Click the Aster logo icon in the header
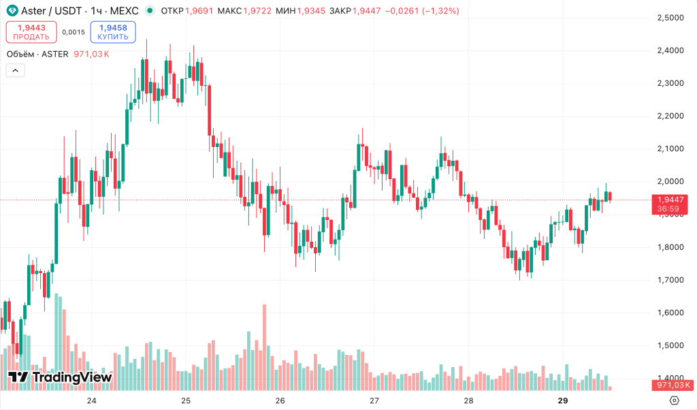(x=12, y=11)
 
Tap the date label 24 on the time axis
(x=92, y=400)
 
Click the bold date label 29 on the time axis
(x=562, y=400)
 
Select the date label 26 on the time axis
(x=280, y=400)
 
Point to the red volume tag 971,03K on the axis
(x=670, y=386)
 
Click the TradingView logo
(x=60, y=377)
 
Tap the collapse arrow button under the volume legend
(x=15, y=70)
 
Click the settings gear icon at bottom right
(x=675, y=400)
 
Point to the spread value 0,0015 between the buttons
(x=73, y=32)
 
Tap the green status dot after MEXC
(x=149, y=11)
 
